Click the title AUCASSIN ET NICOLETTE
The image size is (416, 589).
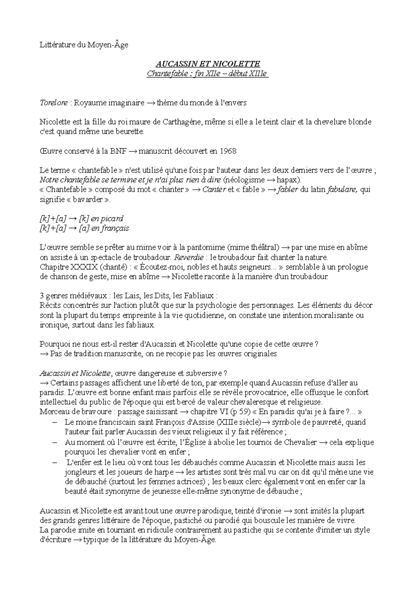[208, 64]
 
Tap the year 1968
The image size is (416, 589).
[228, 151]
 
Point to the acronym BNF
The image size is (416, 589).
[119, 151]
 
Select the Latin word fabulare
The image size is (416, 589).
[342, 189]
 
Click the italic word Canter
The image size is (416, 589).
[214, 189]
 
